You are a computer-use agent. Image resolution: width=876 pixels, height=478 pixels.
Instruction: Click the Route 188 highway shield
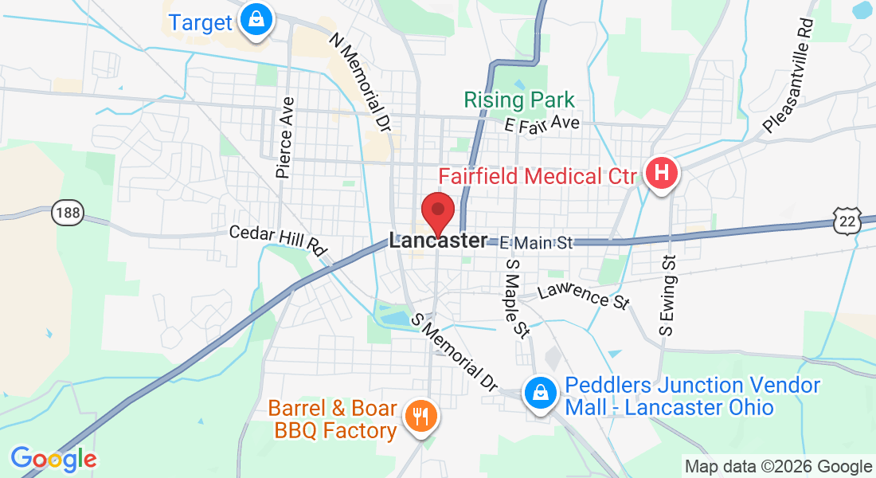68,212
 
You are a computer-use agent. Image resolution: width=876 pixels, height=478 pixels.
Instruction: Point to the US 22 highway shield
849,222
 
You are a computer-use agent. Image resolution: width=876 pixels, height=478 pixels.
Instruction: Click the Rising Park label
519,100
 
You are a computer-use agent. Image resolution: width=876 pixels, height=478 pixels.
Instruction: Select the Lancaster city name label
438,241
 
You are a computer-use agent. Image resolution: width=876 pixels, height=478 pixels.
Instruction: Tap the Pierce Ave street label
285,137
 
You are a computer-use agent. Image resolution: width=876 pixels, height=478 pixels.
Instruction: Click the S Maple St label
517,297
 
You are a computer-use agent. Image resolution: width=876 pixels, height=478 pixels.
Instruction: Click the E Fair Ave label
542,123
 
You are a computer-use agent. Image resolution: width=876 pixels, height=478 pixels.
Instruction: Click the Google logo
53,459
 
